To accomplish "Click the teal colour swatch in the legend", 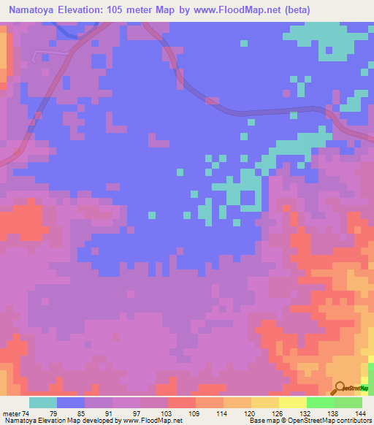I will (43, 402).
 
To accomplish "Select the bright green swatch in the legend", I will (321, 402).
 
